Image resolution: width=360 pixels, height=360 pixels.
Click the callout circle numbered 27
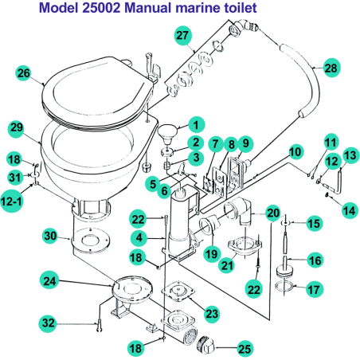(182, 35)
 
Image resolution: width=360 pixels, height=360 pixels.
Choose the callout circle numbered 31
(14, 176)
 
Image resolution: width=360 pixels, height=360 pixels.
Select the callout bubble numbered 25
(244, 348)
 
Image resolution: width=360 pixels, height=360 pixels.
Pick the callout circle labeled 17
(314, 289)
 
